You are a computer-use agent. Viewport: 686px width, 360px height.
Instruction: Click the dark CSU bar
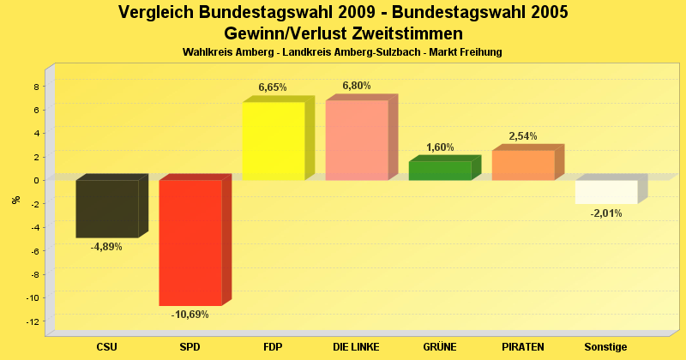click(x=107, y=208)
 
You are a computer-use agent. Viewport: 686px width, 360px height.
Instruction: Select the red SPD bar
click(x=190, y=243)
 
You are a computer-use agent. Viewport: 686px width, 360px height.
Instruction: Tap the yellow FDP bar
click(x=274, y=141)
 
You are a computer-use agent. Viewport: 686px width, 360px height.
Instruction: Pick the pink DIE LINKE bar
click(x=357, y=140)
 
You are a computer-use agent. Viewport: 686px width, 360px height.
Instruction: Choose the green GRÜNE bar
click(x=440, y=171)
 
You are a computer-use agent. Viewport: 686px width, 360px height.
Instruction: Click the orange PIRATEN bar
click(x=523, y=165)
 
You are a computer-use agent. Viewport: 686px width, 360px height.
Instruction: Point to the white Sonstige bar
click(x=606, y=191)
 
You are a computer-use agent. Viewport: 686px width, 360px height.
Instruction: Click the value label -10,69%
click(x=190, y=315)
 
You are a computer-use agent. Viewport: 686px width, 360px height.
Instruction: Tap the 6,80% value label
click(x=357, y=86)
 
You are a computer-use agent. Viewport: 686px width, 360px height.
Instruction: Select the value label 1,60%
click(x=440, y=147)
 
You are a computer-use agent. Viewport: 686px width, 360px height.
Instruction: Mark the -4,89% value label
click(x=106, y=247)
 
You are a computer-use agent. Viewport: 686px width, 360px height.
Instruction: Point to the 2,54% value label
click(x=523, y=136)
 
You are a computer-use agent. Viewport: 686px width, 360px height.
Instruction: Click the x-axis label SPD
click(x=190, y=347)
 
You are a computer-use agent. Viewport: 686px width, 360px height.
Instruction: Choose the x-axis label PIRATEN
click(x=523, y=347)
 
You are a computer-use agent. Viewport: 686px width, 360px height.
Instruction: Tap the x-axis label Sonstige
click(x=606, y=347)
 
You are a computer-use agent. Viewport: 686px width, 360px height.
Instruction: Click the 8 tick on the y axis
click(x=37, y=87)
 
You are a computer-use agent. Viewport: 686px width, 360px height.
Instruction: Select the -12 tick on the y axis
click(x=33, y=321)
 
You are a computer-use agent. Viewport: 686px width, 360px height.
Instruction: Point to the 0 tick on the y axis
click(x=37, y=181)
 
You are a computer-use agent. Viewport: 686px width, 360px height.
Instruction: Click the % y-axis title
click(x=15, y=200)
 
